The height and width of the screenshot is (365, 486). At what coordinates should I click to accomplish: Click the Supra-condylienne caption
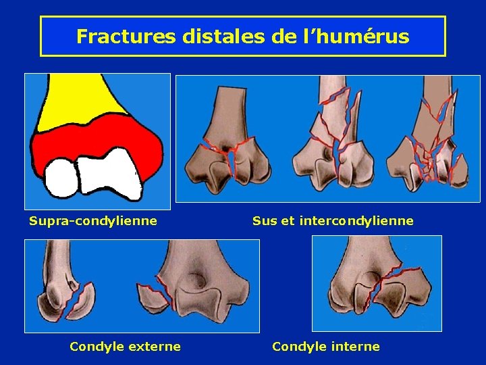coord(93,220)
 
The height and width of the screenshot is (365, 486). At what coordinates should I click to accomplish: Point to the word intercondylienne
coord(361,220)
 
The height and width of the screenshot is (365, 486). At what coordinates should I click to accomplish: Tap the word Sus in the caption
coord(264,220)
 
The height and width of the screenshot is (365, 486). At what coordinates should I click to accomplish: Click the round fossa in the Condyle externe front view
coord(198,278)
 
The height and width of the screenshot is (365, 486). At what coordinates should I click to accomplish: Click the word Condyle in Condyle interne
coord(296,347)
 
